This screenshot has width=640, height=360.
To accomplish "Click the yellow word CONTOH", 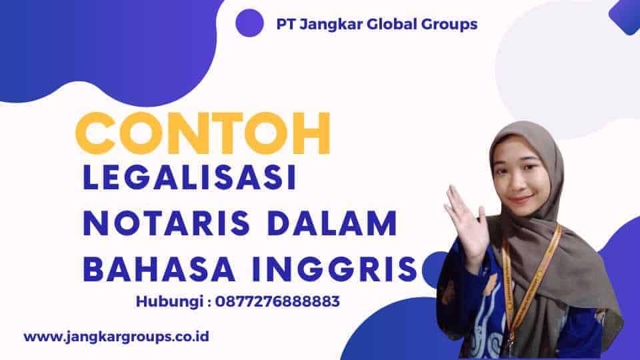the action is (203, 133).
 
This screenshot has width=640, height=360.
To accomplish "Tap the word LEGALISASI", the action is (189, 177).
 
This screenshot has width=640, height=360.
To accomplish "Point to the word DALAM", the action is (333, 223).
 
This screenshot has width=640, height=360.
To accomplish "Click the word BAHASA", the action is (159, 269).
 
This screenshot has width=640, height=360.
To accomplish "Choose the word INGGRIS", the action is (335, 269).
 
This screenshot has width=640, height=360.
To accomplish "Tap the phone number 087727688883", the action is (277, 301).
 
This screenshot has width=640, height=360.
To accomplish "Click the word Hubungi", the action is (170, 302).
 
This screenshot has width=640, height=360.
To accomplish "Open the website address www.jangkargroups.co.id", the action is (116, 337).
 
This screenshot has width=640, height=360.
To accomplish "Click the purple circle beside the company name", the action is (249, 23).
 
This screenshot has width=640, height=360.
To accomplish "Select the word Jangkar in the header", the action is (331, 25).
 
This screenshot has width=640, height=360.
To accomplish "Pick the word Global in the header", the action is (392, 24).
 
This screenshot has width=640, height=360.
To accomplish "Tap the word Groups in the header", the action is (449, 25).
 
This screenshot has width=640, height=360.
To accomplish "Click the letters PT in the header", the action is (286, 24).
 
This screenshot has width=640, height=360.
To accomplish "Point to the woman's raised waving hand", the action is (465, 221).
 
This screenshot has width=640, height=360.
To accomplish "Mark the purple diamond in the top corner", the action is (625, 16).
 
